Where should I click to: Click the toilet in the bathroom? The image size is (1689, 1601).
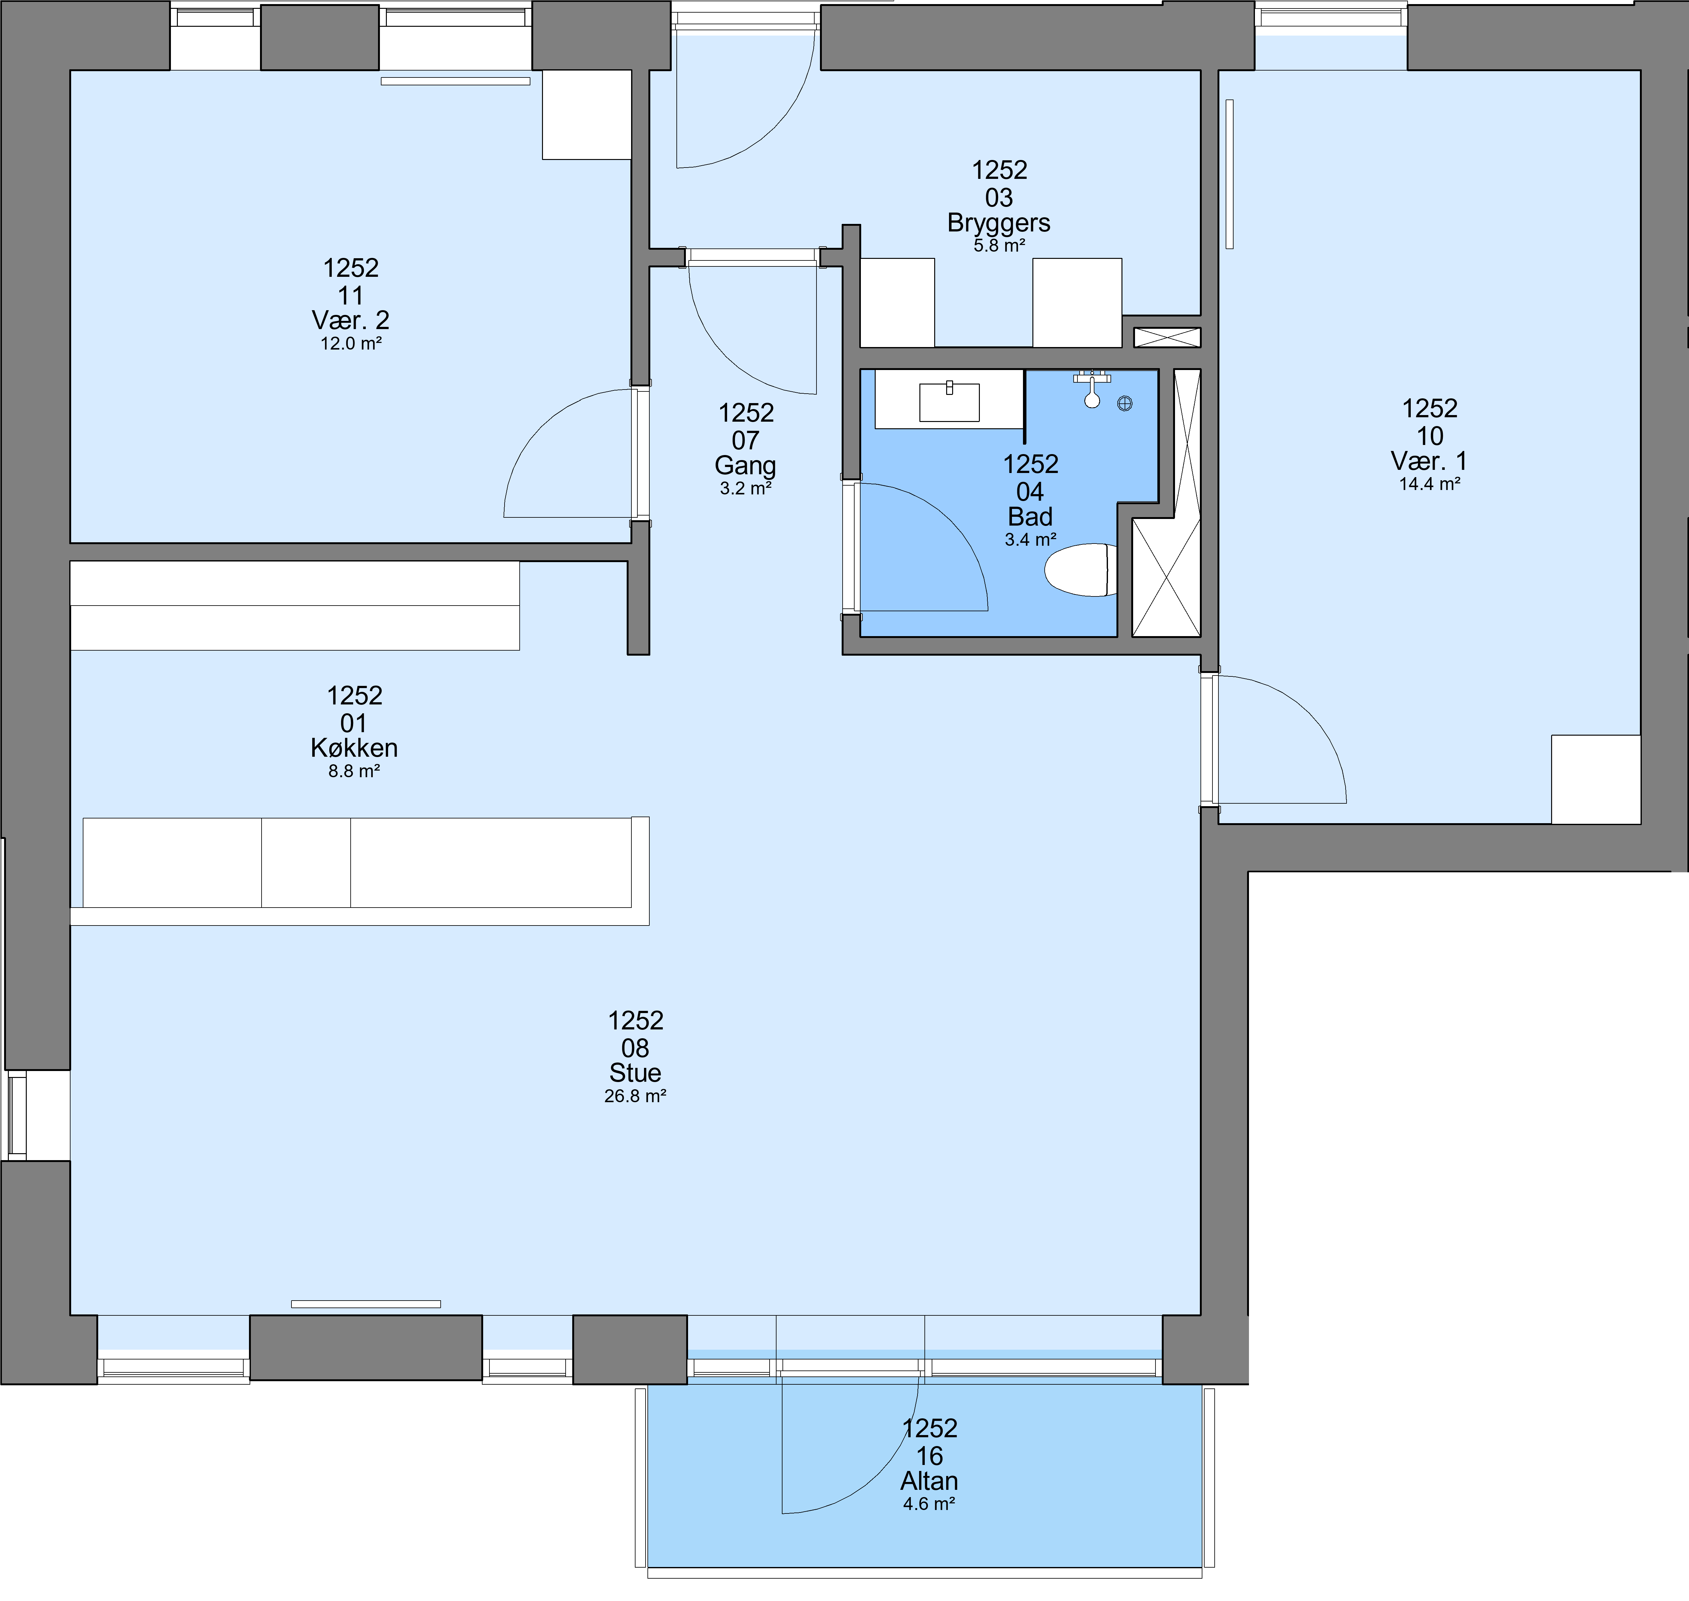click(x=1080, y=569)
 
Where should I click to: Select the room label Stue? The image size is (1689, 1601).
click(x=635, y=1073)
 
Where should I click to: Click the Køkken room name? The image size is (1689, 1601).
click(x=354, y=748)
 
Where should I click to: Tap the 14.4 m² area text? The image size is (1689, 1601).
click(x=1430, y=484)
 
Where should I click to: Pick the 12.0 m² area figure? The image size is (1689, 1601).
click(x=351, y=344)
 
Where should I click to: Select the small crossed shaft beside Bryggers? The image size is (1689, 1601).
click(x=1167, y=337)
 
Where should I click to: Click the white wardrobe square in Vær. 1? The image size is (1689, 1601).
click(x=1596, y=779)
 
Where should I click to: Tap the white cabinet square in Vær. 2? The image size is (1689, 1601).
click(x=587, y=114)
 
